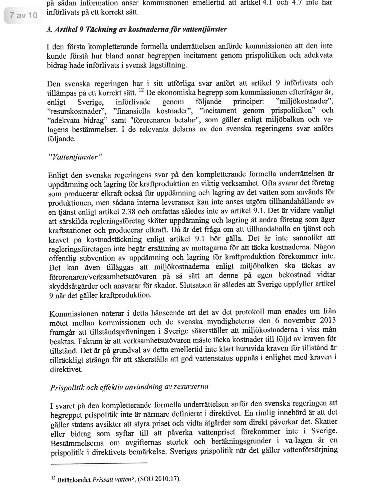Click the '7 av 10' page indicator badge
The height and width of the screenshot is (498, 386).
coord(24,15)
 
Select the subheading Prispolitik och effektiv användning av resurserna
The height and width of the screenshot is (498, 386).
coord(129,387)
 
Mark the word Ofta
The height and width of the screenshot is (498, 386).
coord(269,183)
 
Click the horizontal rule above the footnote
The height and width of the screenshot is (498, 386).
coord(99,463)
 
